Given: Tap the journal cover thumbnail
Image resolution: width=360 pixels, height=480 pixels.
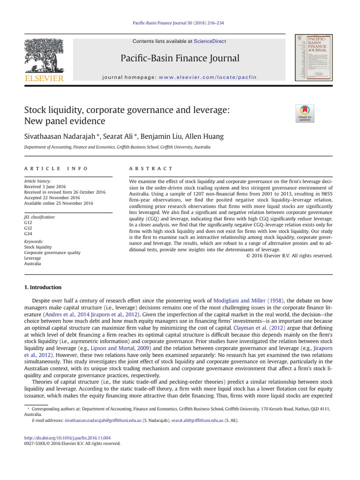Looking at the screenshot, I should click(x=310, y=57).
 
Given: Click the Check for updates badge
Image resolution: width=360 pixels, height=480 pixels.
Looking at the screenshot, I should click(x=305, y=113).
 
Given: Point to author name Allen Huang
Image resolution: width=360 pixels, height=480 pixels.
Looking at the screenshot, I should click(x=204, y=136).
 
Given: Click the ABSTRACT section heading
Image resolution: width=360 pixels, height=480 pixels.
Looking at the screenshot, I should click(x=150, y=168).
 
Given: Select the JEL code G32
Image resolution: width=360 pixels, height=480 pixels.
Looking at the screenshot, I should click(x=28, y=228).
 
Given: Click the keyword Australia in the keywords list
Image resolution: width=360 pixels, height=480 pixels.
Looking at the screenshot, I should click(x=32, y=263).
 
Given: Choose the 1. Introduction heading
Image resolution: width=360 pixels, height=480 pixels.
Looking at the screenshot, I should click(x=43, y=287).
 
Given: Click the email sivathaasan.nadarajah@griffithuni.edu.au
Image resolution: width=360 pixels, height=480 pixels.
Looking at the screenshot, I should click(x=103, y=420).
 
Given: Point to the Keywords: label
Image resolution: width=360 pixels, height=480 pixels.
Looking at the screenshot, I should click(x=34, y=241).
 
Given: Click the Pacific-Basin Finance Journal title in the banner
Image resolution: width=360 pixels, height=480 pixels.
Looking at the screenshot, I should click(x=180, y=58).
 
